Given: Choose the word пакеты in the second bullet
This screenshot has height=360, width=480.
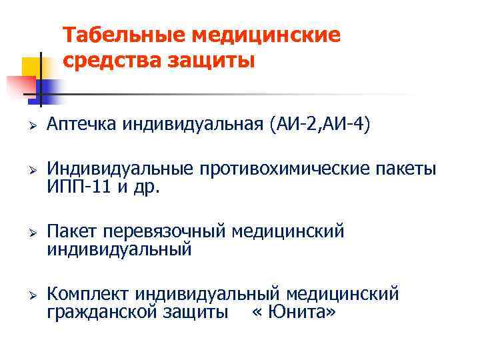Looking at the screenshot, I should [x=406, y=169].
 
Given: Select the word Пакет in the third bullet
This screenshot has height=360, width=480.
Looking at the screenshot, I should [x=71, y=232].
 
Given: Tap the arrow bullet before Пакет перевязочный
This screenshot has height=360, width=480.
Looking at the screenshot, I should [x=31, y=233].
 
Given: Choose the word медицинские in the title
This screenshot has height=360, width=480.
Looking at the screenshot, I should [x=266, y=35].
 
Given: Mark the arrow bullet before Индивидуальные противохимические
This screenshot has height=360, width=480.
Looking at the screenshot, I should [x=31, y=170].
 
